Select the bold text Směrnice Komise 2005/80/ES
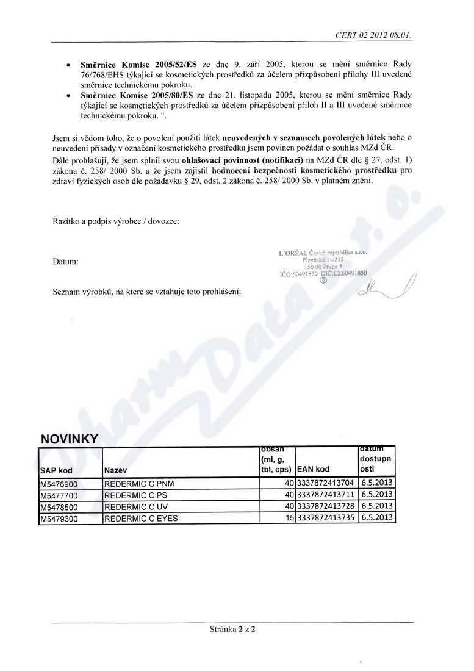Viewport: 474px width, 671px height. click(137, 96)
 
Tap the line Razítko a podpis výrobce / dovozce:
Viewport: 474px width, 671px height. click(116, 221)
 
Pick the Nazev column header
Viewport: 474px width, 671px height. click(116, 470)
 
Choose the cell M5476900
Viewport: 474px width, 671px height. click(59, 484)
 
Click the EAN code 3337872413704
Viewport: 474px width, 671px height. click(326, 484)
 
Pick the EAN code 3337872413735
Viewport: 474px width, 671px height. click(326, 518)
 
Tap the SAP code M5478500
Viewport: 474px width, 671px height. click(59, 506)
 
